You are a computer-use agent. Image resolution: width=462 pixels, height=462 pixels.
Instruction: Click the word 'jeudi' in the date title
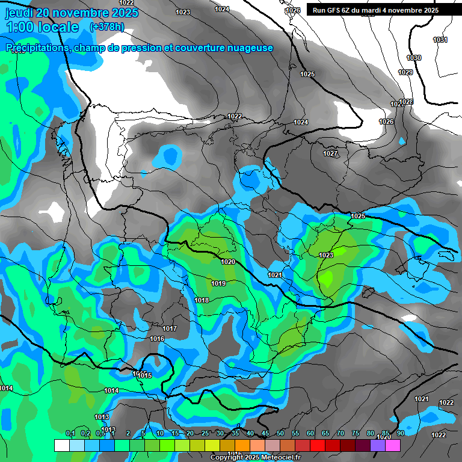coord(19,13)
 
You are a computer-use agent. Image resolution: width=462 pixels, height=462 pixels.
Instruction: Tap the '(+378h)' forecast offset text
coord(106,26)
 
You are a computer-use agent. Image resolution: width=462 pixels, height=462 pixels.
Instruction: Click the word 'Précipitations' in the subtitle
coord(37,48)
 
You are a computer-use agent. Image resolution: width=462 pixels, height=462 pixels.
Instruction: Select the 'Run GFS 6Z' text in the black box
coord(334,10)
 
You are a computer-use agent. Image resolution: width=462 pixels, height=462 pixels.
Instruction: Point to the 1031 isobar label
coord(440,40)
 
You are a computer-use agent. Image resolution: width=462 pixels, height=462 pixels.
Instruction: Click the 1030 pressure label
coord(414,58)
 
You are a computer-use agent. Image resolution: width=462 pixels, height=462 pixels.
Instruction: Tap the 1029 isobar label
coord(405,72)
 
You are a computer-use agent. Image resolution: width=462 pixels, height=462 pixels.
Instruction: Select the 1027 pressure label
coord(330,154)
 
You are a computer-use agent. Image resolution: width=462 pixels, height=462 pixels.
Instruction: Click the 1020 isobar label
coord(228,262)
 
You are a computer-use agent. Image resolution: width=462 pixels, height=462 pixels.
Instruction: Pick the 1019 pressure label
coord(218,283)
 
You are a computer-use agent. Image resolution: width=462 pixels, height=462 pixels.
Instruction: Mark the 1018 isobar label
coord(202,300)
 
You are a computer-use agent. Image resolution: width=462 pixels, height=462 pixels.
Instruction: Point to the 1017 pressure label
coord(170,328)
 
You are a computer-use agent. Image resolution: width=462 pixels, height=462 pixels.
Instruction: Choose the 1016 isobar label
coord(157,339)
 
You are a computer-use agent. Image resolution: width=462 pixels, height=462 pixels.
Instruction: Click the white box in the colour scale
coord(61,445)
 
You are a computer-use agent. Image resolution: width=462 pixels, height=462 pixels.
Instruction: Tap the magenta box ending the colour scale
coord(393,445)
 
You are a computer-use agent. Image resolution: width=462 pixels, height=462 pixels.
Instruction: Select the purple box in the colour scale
coord(378,445)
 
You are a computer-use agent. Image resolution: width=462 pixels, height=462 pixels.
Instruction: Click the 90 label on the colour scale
coord(400,434)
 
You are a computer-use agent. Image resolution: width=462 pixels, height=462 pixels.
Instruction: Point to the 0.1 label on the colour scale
coord(70,434)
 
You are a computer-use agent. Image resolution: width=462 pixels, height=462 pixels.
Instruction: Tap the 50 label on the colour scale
coord(280,434)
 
